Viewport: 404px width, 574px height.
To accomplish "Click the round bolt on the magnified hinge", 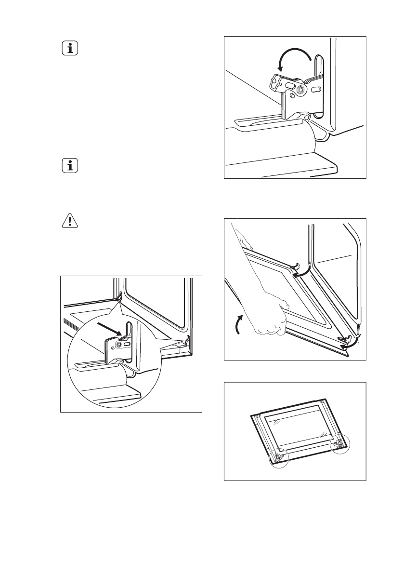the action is [x=118, y=345].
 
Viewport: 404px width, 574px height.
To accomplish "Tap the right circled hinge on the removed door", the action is [x=340, y=442].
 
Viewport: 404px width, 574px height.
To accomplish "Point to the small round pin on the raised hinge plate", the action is [x=278, y=85].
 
